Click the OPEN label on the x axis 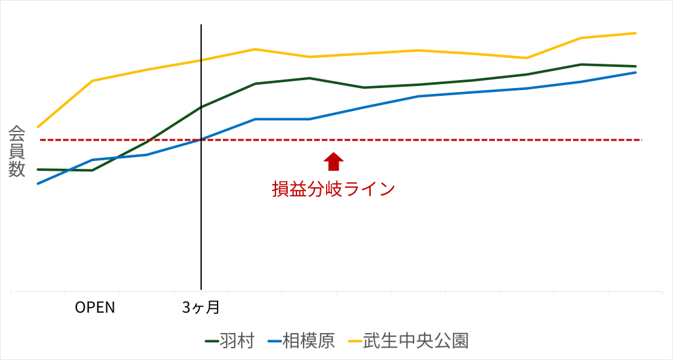pos(95,307)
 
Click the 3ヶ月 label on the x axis pos(200,307)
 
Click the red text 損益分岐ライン pos(334,189)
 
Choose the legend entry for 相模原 pos(301,341)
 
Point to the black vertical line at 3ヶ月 pos(201,197)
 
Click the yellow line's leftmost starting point pos(38,127)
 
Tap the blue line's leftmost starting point pos(38,183)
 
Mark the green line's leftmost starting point pos(38,169)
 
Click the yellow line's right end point pos(636,33)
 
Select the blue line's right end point pos(636,72)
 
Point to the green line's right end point pos(636,66)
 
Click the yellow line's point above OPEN pos(93,81)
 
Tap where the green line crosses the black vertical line pos(201,106)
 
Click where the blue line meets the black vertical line pos(201,139)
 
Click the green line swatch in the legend pos(212,341)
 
